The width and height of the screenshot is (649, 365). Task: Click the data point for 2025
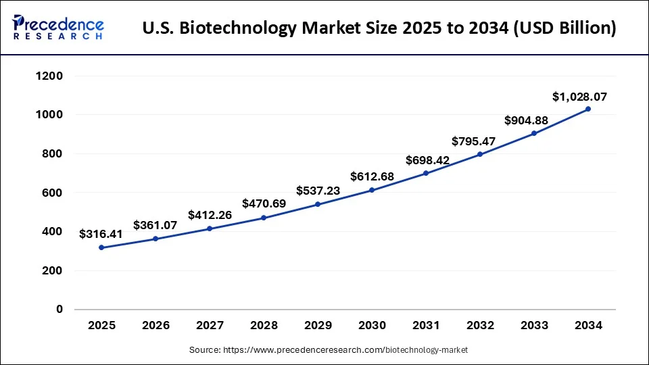pos(101,247)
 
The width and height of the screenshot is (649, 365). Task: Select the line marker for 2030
pos(372,190)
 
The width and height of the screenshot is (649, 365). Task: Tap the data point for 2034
pos(588,109)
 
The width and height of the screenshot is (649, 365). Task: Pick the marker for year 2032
pos(480,154)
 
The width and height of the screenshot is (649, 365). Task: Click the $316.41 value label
pos(101,235)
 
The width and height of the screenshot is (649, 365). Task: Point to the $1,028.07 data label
pos(579,97)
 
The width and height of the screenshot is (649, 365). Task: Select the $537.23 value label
pos(318,191)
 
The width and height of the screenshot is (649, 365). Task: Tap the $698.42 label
pos(427,160)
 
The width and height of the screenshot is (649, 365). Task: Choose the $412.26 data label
pos(210,216)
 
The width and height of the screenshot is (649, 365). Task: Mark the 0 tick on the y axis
pos(59,310)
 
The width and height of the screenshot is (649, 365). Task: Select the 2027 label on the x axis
pos(210,326)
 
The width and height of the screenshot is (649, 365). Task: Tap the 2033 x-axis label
pos(534,326)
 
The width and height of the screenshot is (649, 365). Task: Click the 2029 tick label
pos(318,326)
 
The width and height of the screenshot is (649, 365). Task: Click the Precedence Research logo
pos(58,27)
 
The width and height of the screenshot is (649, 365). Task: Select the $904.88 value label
pos(527,121)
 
